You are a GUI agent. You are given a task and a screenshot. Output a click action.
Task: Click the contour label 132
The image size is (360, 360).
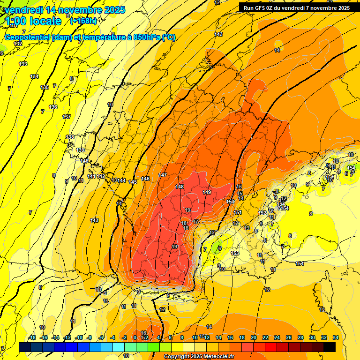click(18, 44)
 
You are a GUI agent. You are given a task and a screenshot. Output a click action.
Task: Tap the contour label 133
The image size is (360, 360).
click(23, 64)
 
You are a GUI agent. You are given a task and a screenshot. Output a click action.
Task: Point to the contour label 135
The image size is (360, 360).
click(45, 87)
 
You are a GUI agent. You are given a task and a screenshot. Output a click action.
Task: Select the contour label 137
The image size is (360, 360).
click(67, 117)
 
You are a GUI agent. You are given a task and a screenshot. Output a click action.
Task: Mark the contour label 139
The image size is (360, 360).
click(80, 150)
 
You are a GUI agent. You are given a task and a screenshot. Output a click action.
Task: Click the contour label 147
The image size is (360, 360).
click(163, 175)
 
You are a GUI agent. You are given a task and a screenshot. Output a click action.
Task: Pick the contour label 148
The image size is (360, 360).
click(180, 187)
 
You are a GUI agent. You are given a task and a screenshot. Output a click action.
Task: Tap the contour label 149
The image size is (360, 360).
click(207, 192)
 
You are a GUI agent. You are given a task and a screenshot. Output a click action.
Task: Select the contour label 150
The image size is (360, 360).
click(230, 202)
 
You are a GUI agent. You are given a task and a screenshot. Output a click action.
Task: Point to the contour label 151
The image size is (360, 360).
click(238, 212)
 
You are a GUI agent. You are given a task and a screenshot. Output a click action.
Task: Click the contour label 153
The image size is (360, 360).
click(235, 253)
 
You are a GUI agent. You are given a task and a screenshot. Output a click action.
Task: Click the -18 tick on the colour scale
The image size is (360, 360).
click(32, 337)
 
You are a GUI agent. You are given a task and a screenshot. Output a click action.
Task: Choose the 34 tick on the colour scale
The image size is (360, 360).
click(336, 337)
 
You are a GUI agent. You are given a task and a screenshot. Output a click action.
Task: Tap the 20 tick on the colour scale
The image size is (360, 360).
click(254, 337)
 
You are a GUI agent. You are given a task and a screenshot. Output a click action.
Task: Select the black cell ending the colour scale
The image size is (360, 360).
click(330, 347)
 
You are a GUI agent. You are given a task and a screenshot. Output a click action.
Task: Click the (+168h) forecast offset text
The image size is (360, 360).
click(83, 21)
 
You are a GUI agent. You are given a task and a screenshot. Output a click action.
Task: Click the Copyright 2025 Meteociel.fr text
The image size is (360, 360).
click(198, 357)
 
